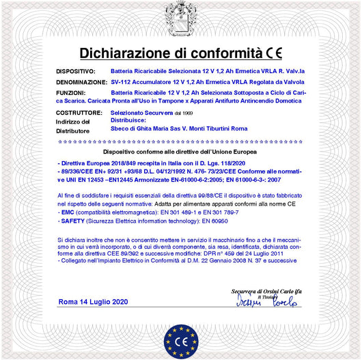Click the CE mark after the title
tap(275, 53)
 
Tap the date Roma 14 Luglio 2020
tap(93, 301)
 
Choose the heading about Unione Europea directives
tap(181, 151)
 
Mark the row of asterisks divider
tap(181, 141)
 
